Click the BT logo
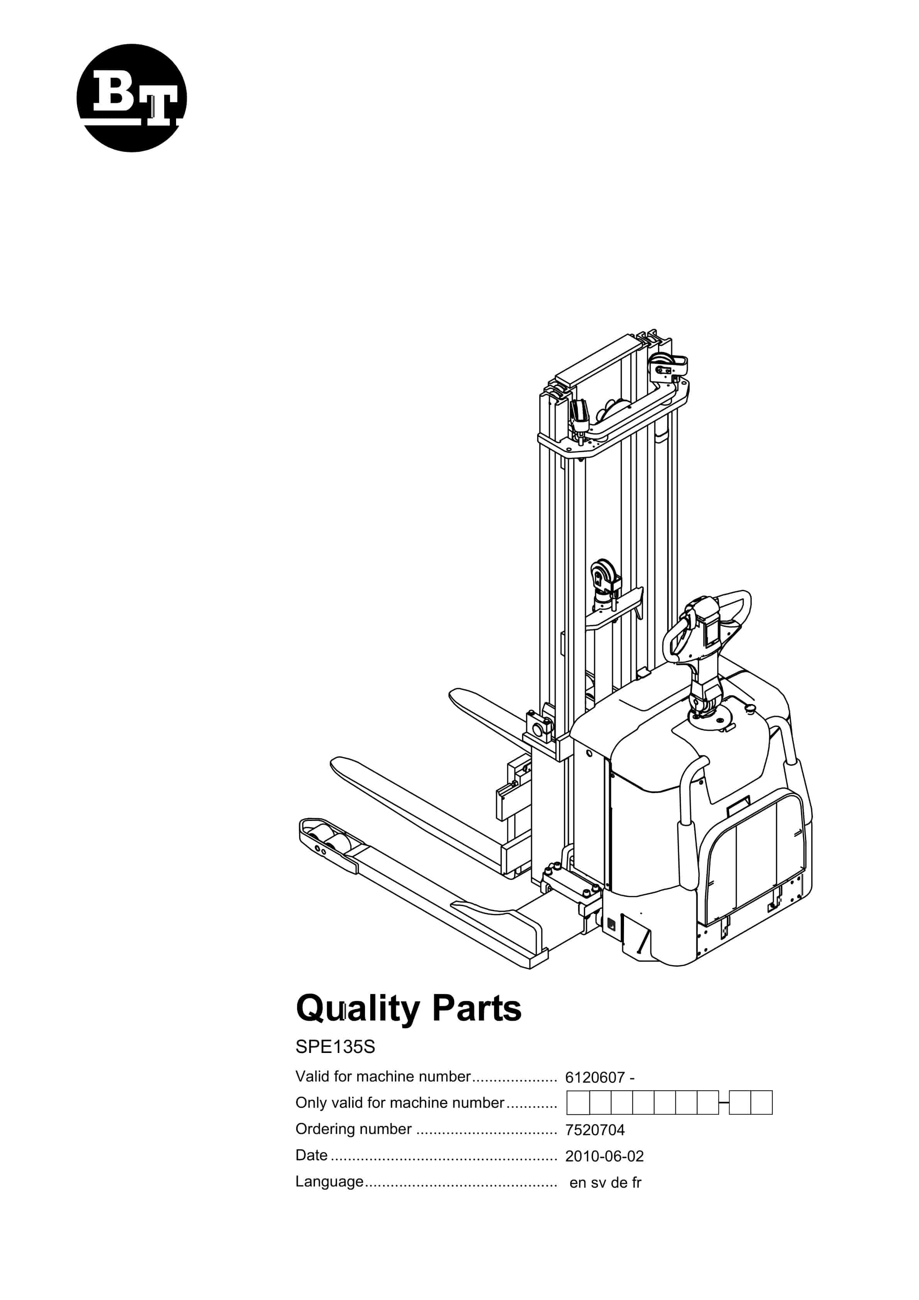131,98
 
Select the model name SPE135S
335,1047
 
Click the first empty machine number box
578,1103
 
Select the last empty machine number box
761,1103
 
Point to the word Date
312,1155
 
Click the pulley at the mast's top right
668,365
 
